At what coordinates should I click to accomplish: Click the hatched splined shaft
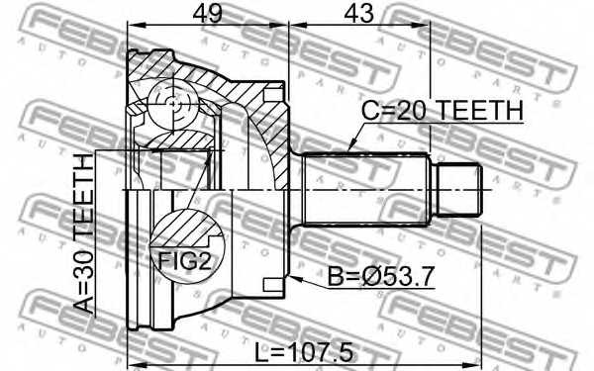tap(367, 189)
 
